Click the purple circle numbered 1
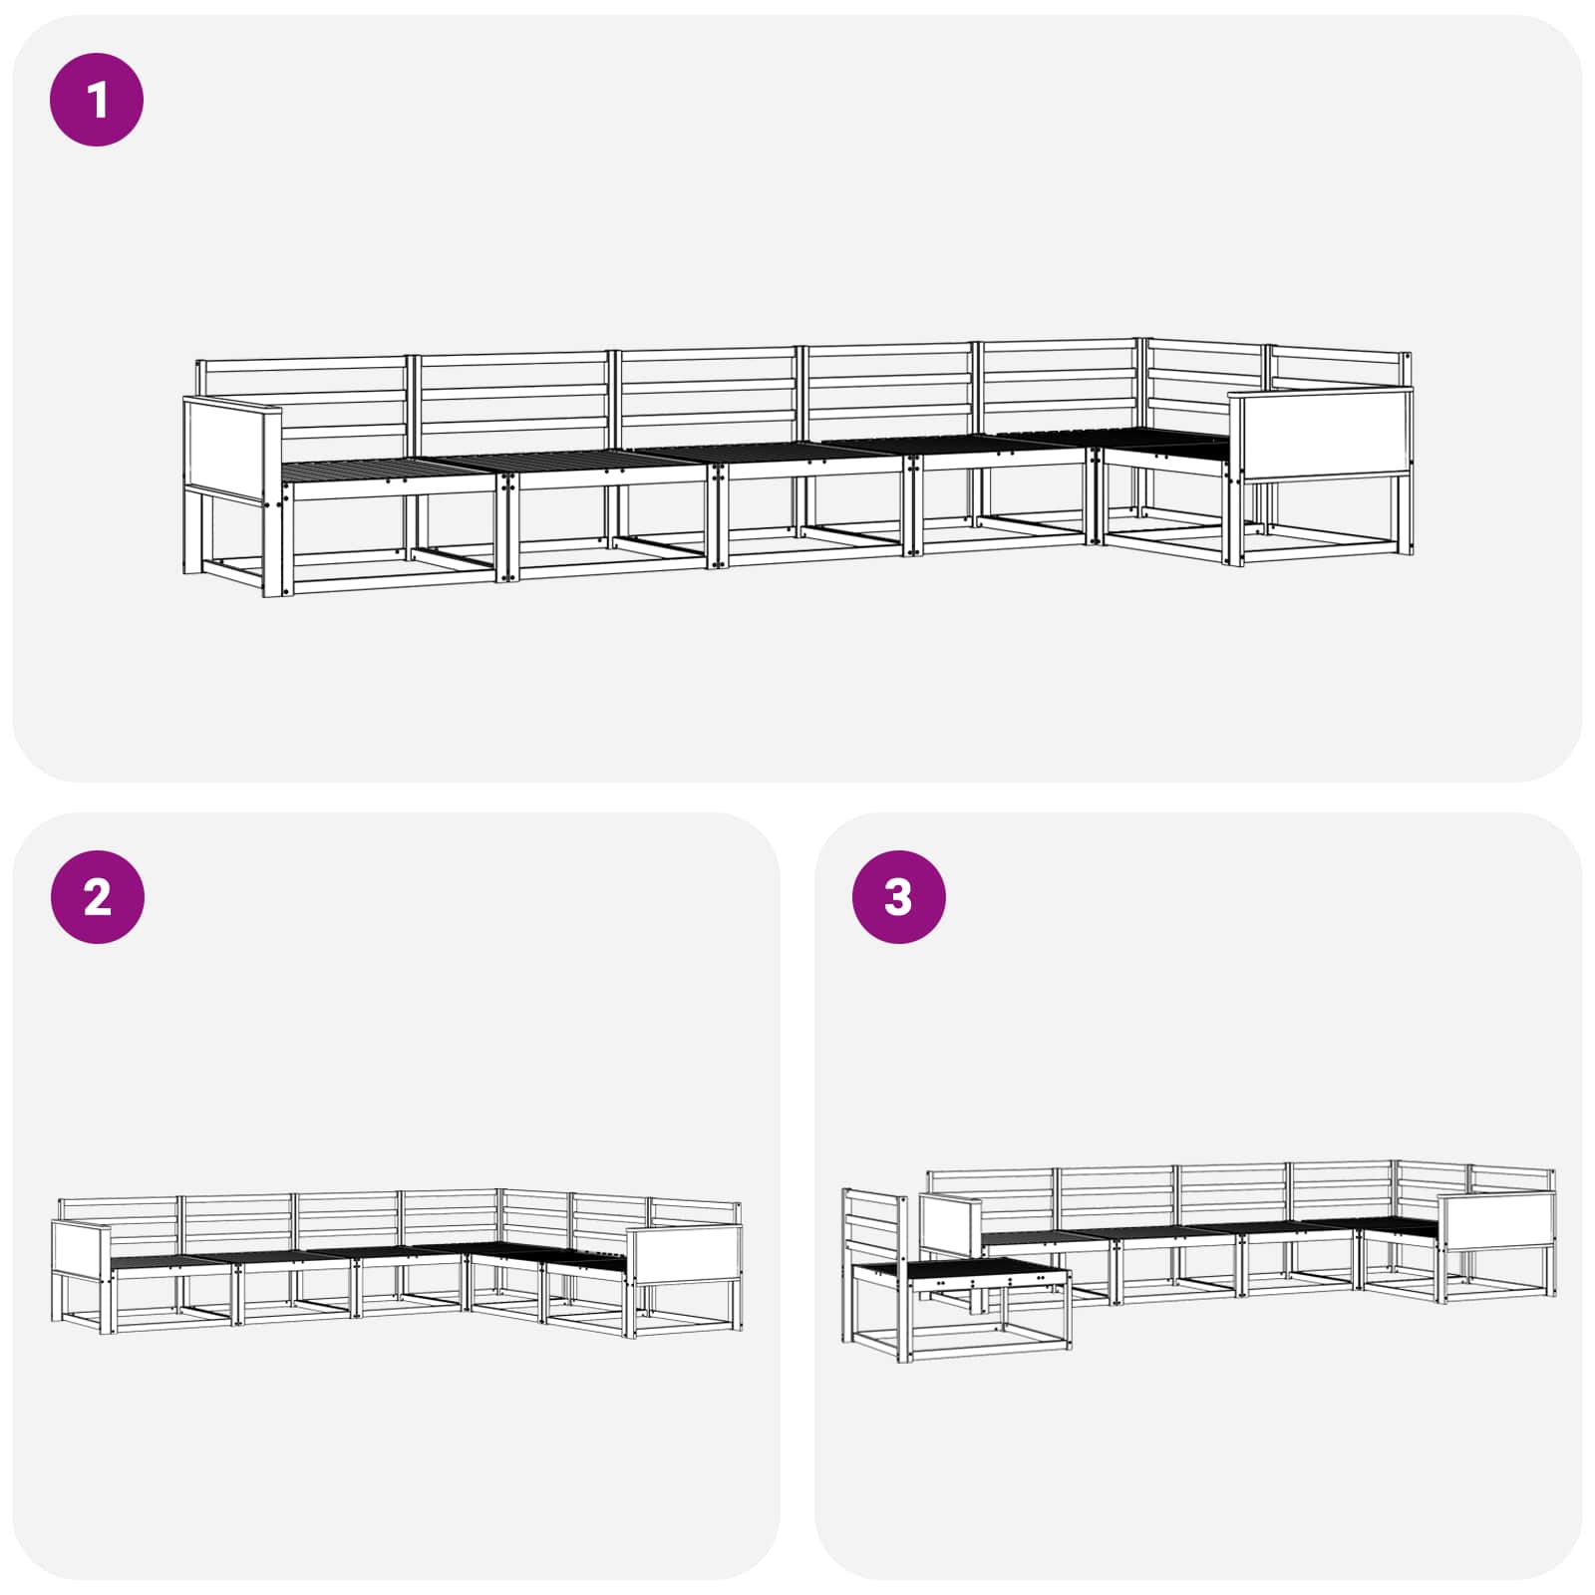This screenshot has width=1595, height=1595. pos(97,100)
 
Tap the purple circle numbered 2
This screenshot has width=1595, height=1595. pos(97,897)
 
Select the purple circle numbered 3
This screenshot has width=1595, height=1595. pos(898,897)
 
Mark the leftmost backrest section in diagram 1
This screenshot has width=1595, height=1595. pos(302,399)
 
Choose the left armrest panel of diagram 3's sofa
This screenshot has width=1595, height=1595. pos(951,1223)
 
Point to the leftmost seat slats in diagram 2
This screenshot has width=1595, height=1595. pos(171,1261)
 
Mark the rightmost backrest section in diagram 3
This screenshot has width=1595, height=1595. pos(1511,1181)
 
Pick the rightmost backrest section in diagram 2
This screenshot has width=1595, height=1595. pos(696,1213)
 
